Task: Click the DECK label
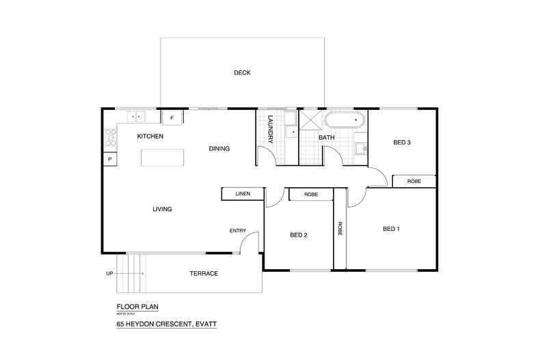coord(242,72)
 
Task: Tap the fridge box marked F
coord(172,117)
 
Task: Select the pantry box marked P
coord(109,159)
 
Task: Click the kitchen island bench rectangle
coord(162,157)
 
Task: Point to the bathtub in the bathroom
coord(345,122)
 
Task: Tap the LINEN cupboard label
coord(243,194)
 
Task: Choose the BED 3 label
coord(402,143)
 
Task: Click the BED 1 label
coord(392,228)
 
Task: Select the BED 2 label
coord(299,235)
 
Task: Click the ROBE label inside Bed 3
coord(414,181)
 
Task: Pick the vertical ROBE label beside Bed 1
coord(340,229)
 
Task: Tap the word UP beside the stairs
coord(109,274)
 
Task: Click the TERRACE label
coord(204,274)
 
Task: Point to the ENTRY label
coord(237,231)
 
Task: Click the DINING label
coord(219,148)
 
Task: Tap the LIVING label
coord(162,209)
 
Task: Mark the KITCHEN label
coord(150,136)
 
